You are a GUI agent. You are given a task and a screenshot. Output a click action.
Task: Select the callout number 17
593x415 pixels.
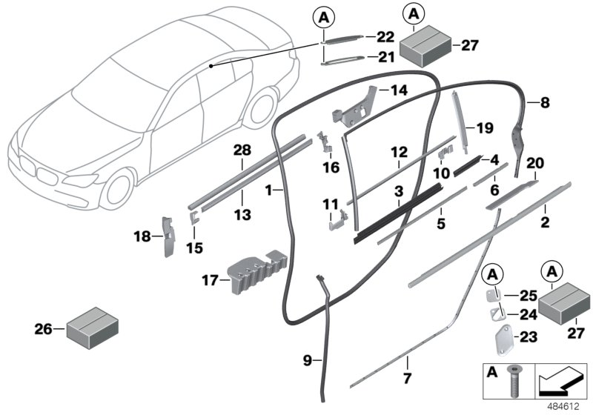coord(210,281)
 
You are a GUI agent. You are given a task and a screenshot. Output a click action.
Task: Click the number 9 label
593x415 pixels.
coord(308,361)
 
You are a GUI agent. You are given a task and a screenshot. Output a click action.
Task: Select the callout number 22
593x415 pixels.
coord(385,36)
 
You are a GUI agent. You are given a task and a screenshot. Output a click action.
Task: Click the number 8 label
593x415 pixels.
coord(545,103)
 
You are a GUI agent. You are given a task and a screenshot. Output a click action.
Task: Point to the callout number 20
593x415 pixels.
coord(535,163)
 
